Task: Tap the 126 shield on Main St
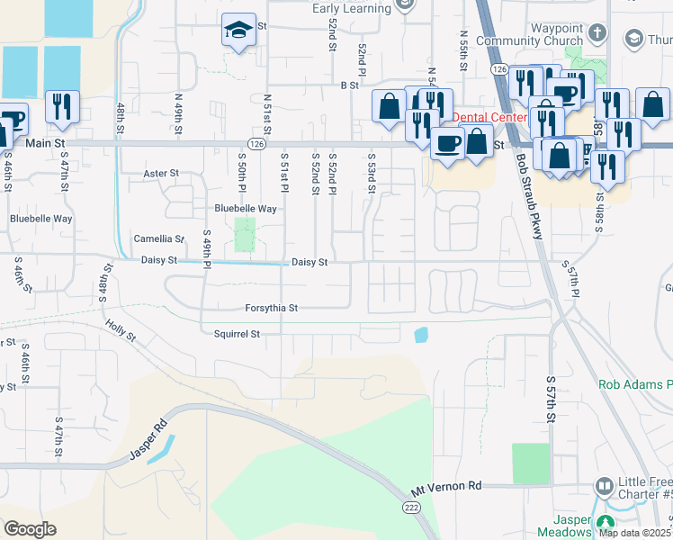point(257,143)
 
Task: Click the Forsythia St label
point(271,308)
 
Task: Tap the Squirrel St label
point(237,334)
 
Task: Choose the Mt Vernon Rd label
point(446,486)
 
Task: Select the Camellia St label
point(158,239)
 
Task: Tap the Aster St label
point(162,173)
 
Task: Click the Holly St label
point(120,332)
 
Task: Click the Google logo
point(30,529)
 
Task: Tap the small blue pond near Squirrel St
point(421,335)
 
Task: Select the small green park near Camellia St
point(245,235)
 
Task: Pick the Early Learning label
point(352,8)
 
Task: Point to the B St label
point(349,85)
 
